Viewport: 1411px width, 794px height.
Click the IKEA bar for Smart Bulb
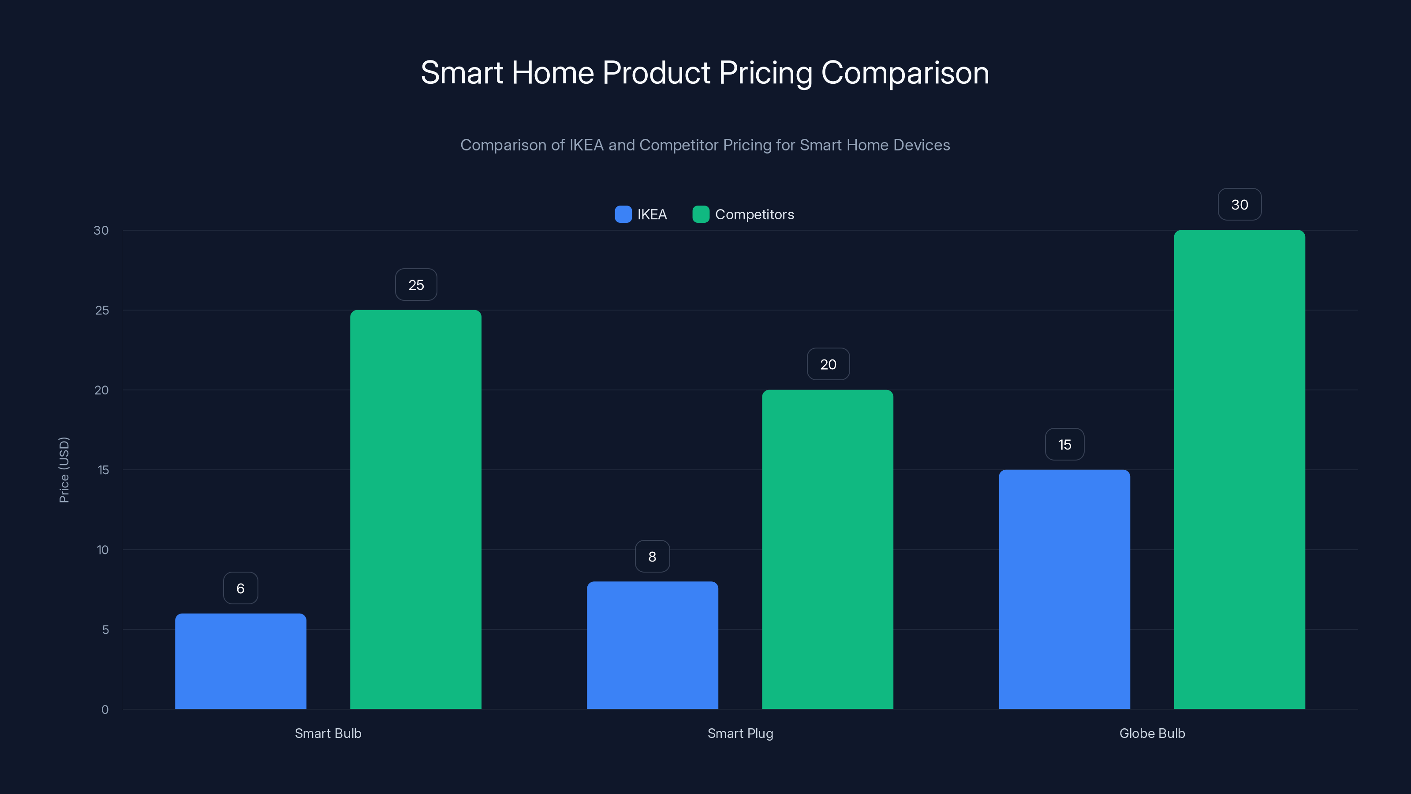click(240, 661)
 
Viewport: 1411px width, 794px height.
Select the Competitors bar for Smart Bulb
click(416, 509)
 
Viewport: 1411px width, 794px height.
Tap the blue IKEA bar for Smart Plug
click(653, 645)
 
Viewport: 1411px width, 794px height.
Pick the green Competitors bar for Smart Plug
click(828, 549)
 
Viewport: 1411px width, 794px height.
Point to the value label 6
click(240, 588)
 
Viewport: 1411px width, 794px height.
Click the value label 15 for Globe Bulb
click(1064, 444)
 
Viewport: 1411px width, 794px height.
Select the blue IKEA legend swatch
click(623, 214)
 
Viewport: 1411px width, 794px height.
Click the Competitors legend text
click(754, 215)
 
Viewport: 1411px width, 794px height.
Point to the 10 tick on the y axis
click(102, 550)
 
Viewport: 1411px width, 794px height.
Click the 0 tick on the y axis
click(105, 710)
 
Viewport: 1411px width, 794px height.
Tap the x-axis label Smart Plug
click(740, 733)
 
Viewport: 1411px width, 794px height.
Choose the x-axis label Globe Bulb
click(1152, 733)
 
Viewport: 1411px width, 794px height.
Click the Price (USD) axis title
click(64, 470)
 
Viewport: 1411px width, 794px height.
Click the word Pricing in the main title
click(766, 73)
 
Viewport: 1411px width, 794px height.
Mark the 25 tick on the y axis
click(102, 310)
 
